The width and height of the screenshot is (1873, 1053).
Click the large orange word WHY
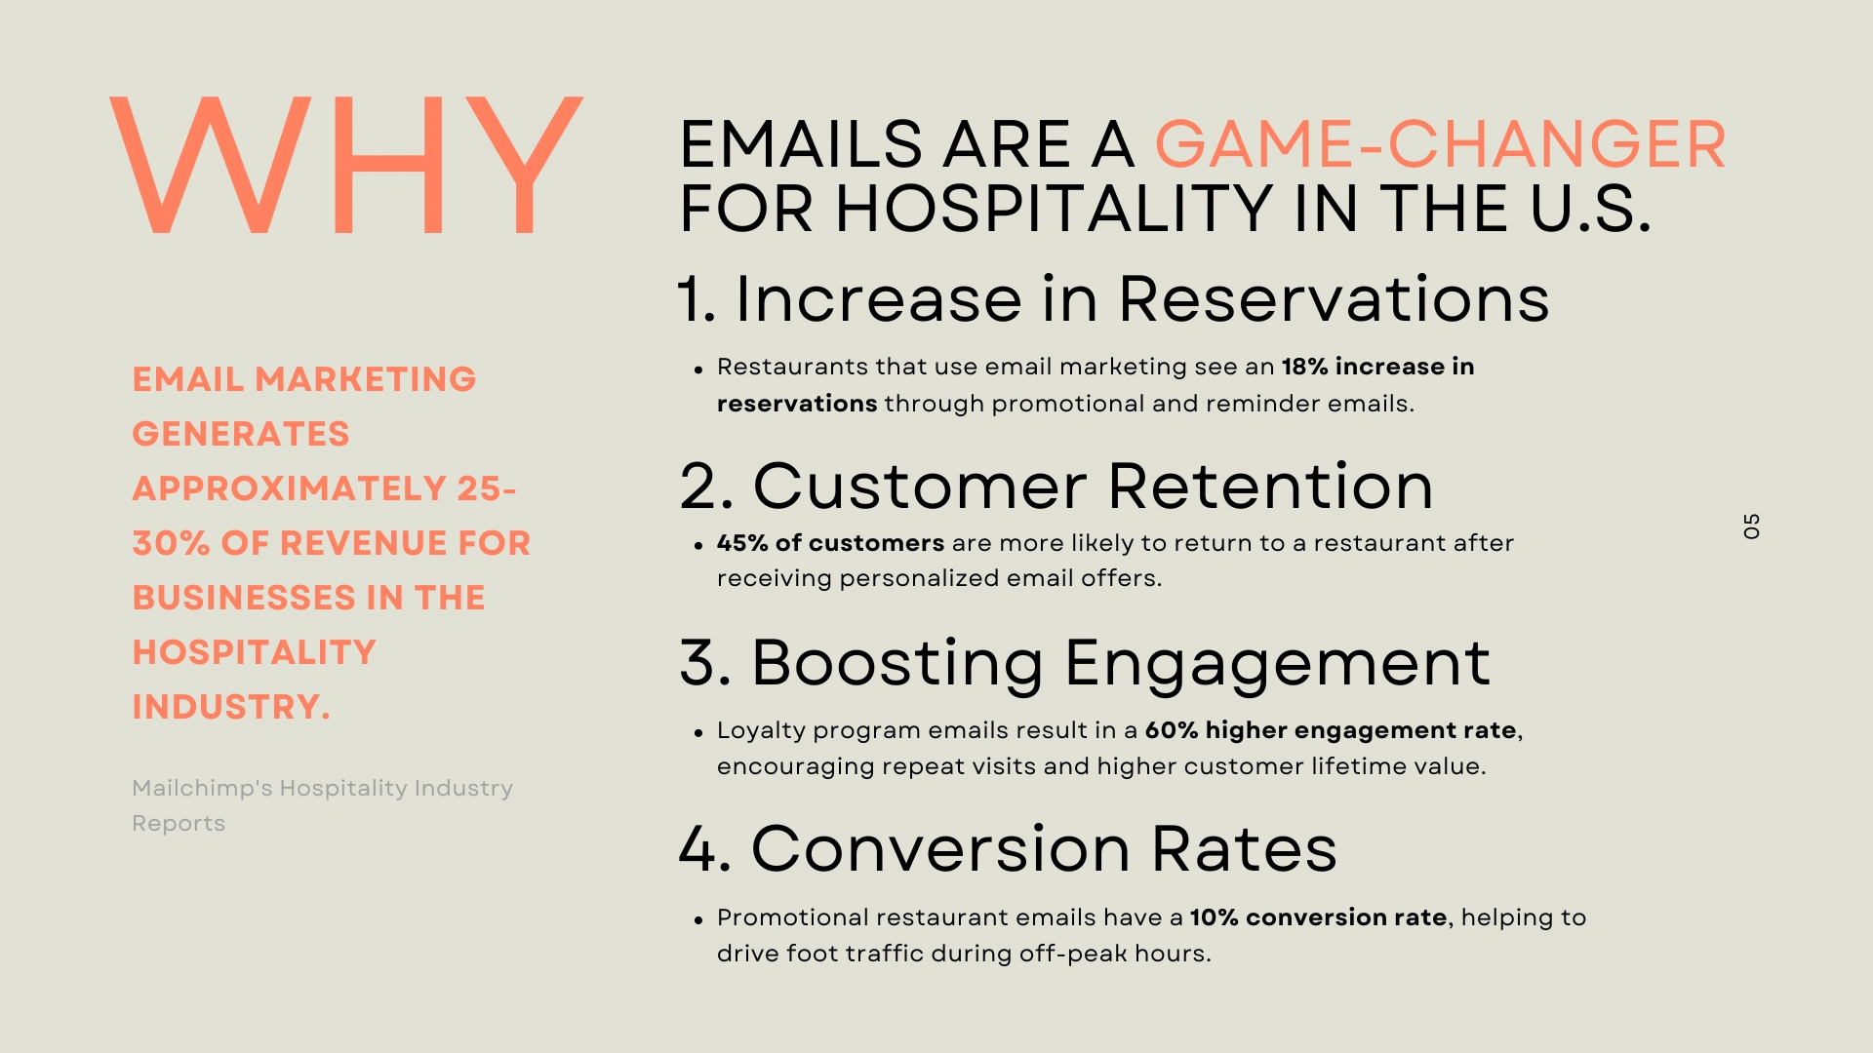[x=346, y=165]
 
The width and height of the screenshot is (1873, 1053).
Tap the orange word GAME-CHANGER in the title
[x=1440, y=144]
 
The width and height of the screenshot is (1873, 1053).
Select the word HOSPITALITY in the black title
[x=1055, y=209]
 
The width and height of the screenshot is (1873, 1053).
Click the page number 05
[x=1752, y=526]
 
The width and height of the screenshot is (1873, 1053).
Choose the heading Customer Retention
[x=1093, y=486]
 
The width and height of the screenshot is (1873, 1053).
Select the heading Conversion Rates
[x=1044, y=848]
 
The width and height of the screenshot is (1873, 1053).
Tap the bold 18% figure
[x=1305, y=367]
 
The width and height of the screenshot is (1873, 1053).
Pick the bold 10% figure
[x=1214, y=917]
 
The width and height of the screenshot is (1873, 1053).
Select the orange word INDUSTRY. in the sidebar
[x=231, y=707]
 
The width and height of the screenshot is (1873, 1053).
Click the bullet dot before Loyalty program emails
[x=698, y=732]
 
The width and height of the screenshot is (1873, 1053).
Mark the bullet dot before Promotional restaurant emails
[x=698, y=919]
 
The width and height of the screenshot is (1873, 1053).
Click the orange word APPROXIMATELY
[x=290, y=488]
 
